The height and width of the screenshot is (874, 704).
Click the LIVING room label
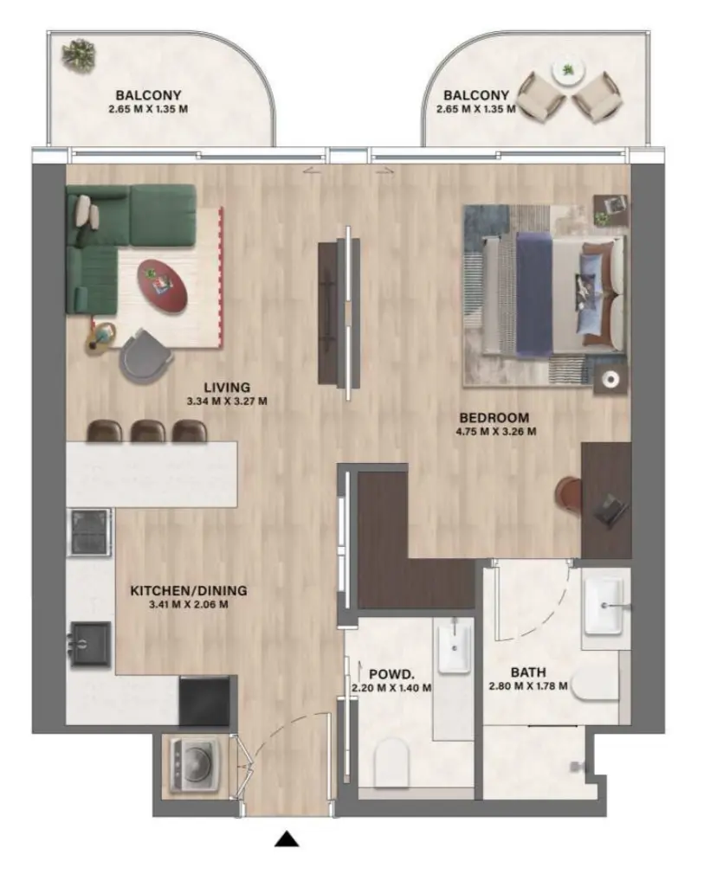coord(227,387)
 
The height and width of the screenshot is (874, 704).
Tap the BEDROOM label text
coord(494,418)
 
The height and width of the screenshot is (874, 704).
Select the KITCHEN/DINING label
coord(188,591)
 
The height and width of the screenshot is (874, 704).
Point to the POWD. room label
coord(390,674)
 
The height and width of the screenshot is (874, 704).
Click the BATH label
coord(527,672)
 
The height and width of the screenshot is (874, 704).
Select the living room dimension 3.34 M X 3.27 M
coord(226,402)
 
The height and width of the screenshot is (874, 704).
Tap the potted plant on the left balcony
coord(79,54)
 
